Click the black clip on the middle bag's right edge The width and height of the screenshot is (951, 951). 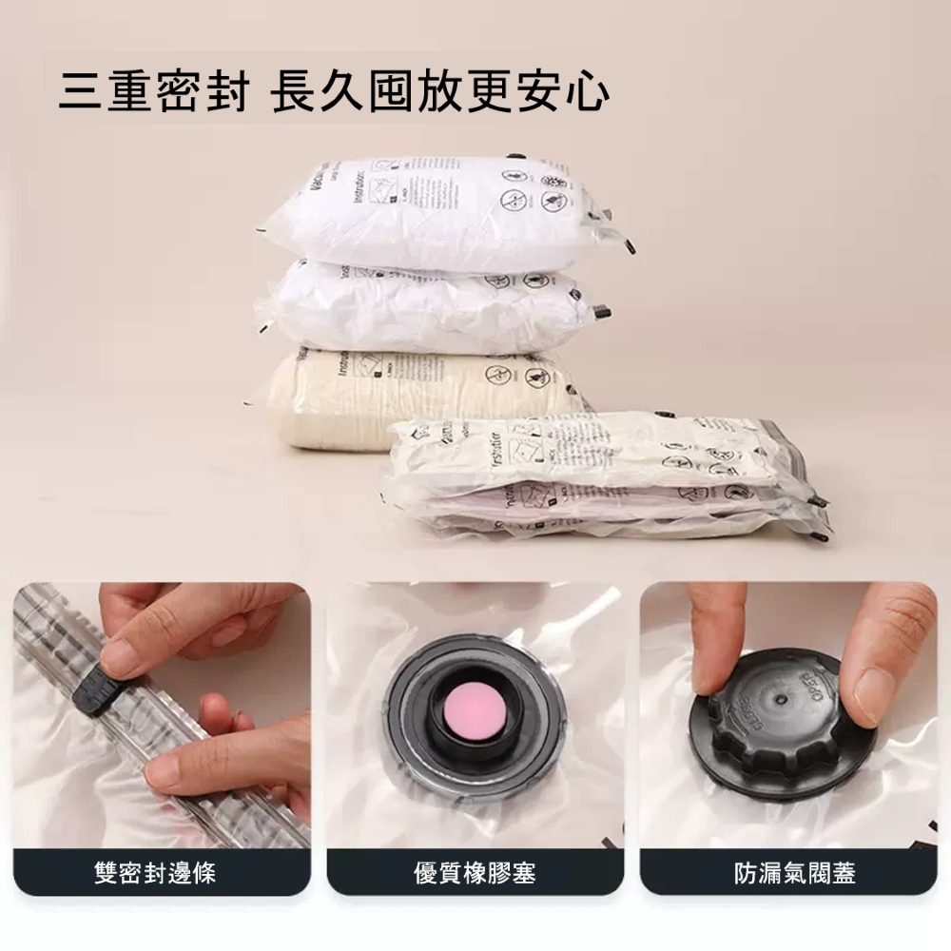(600, 311)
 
